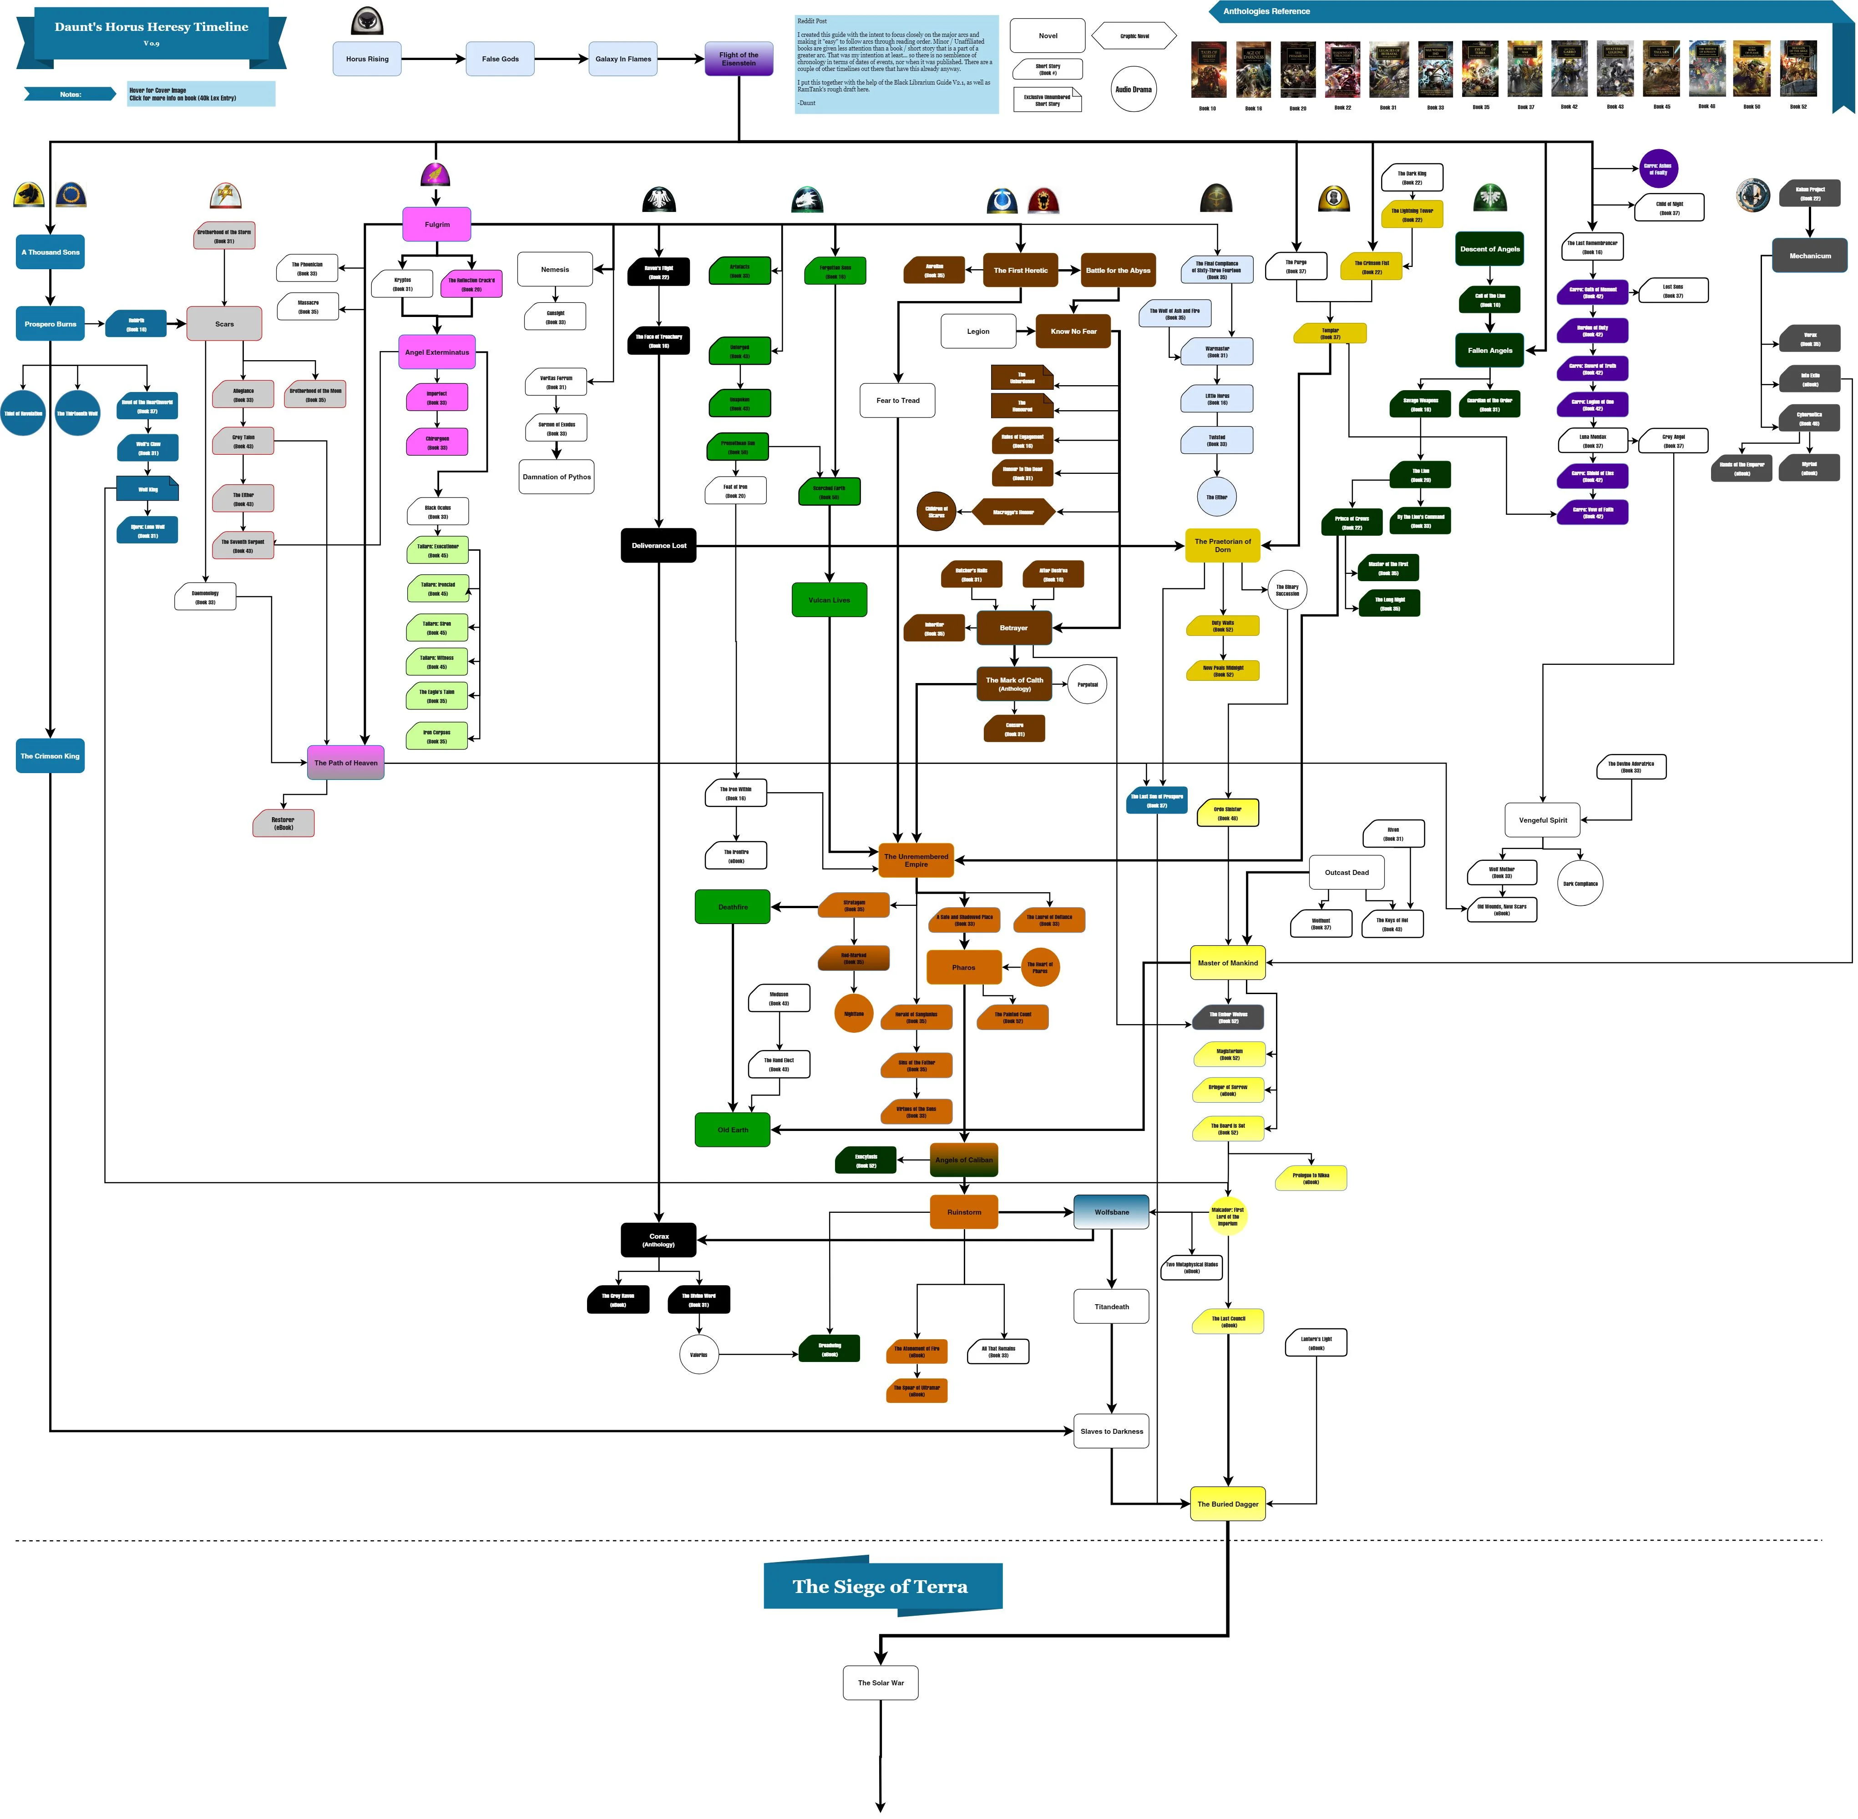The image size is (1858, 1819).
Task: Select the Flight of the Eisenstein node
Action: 739,58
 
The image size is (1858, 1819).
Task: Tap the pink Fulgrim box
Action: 437,225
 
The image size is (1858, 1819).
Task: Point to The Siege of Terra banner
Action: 881,1587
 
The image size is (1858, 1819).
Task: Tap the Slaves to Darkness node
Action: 1112,1431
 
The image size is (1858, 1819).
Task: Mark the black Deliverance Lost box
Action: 658,546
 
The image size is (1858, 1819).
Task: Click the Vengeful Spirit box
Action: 1543,820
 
